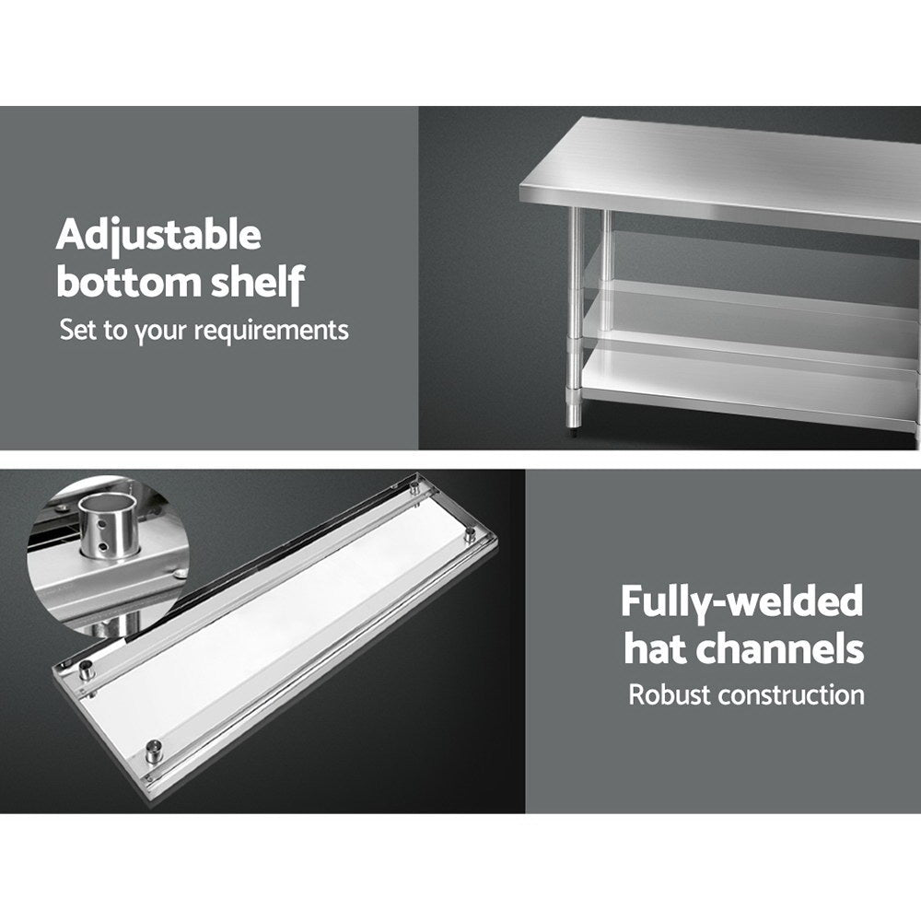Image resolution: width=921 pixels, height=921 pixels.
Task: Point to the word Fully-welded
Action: (741, 602)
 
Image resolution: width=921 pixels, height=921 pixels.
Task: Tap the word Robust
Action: (670, 694)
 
